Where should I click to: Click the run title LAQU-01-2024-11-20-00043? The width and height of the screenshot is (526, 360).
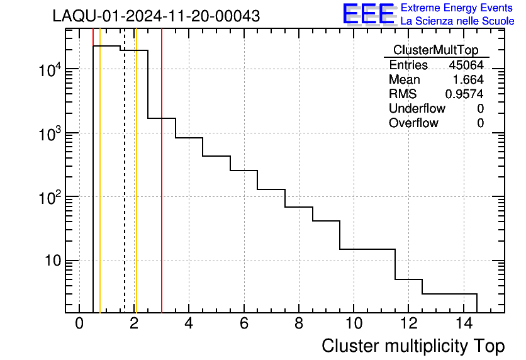point(156,16)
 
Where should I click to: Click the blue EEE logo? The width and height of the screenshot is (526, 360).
point(368,14)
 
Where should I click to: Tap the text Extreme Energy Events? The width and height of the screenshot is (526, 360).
point(457,8)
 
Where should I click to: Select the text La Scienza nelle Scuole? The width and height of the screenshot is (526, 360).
point(457,21)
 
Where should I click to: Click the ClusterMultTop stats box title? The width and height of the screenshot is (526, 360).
point(435,50)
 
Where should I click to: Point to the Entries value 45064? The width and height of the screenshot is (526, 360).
point(466,65)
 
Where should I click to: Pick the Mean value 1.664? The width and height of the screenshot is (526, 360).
point(468,80)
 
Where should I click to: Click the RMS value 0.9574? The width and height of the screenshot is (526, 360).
point(464,94)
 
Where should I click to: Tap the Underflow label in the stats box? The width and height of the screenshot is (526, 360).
point(417,109)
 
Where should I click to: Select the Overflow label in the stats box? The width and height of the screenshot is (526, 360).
point(413,123)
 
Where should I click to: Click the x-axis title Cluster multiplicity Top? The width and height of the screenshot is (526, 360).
point(413,346)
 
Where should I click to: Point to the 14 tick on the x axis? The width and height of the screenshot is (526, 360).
point(463,324)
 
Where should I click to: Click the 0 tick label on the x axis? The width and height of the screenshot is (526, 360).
point(79,324)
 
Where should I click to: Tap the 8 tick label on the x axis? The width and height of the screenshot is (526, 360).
point(299,324)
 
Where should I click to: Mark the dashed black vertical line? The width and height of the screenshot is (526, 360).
point(124,189)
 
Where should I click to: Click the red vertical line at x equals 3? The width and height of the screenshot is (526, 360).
point(162,189)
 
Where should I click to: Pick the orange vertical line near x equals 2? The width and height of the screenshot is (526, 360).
point(136,189)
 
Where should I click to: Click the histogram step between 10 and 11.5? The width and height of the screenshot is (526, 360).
point(367,249)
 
